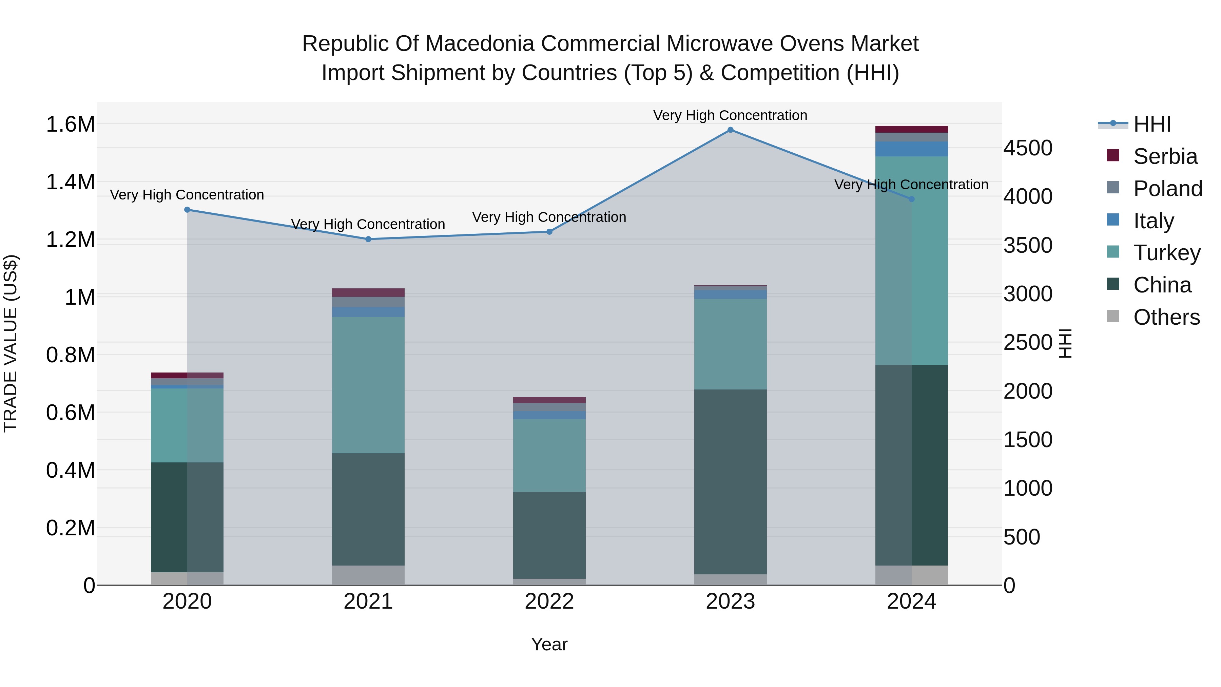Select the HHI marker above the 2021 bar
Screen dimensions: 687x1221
(368, 240)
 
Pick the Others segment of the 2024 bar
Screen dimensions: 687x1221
(911, 575)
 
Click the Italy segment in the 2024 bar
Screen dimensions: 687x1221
(911, 149)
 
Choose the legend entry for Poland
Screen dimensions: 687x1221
(1167, 189)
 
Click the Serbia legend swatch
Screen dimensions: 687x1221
(1113, 155)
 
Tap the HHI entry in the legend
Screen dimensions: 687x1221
(1152, 124)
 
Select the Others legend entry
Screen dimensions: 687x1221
(1166, 317)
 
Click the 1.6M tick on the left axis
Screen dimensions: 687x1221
(70, 125)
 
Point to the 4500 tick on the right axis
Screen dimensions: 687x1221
(1028, 148)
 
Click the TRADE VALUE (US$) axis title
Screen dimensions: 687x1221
(11, 343)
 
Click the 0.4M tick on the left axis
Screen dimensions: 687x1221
(70, 470)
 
